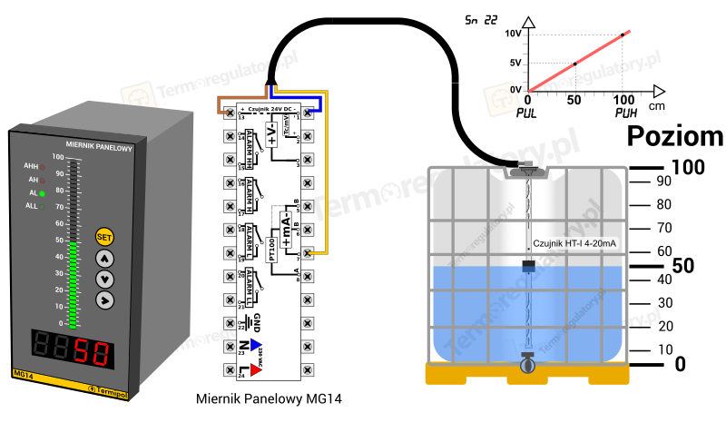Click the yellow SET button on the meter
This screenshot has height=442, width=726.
104,237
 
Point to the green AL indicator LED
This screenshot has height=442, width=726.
42,193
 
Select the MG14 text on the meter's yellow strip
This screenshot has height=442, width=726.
25,374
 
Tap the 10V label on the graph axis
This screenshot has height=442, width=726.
511,34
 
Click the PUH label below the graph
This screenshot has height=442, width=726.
626,113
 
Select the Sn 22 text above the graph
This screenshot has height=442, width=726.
481,19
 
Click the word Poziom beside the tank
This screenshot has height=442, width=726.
675,137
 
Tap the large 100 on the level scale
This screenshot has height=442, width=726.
687,168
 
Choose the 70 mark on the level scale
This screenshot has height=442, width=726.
664,228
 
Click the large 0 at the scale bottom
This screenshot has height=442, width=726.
680,364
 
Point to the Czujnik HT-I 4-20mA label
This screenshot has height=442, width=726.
574,243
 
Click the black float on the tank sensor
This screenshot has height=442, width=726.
528,265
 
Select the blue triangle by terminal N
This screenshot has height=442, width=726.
256,344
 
